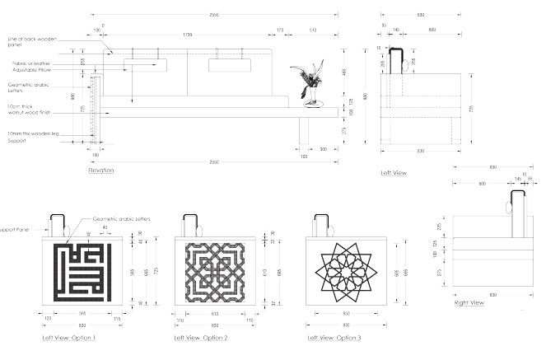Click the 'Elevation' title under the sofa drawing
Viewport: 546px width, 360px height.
pos(101,171)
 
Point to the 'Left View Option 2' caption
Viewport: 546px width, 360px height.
pos(202,338)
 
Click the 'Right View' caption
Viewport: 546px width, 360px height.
pos(469,303)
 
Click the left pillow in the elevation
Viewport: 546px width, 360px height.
pos(146,65)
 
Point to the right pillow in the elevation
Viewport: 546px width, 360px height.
pos(230,65)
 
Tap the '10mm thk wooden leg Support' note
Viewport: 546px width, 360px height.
pos(28,137)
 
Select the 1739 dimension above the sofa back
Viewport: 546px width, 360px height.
pos(189,34)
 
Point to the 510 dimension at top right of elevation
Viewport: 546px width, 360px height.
pos(313,30)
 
